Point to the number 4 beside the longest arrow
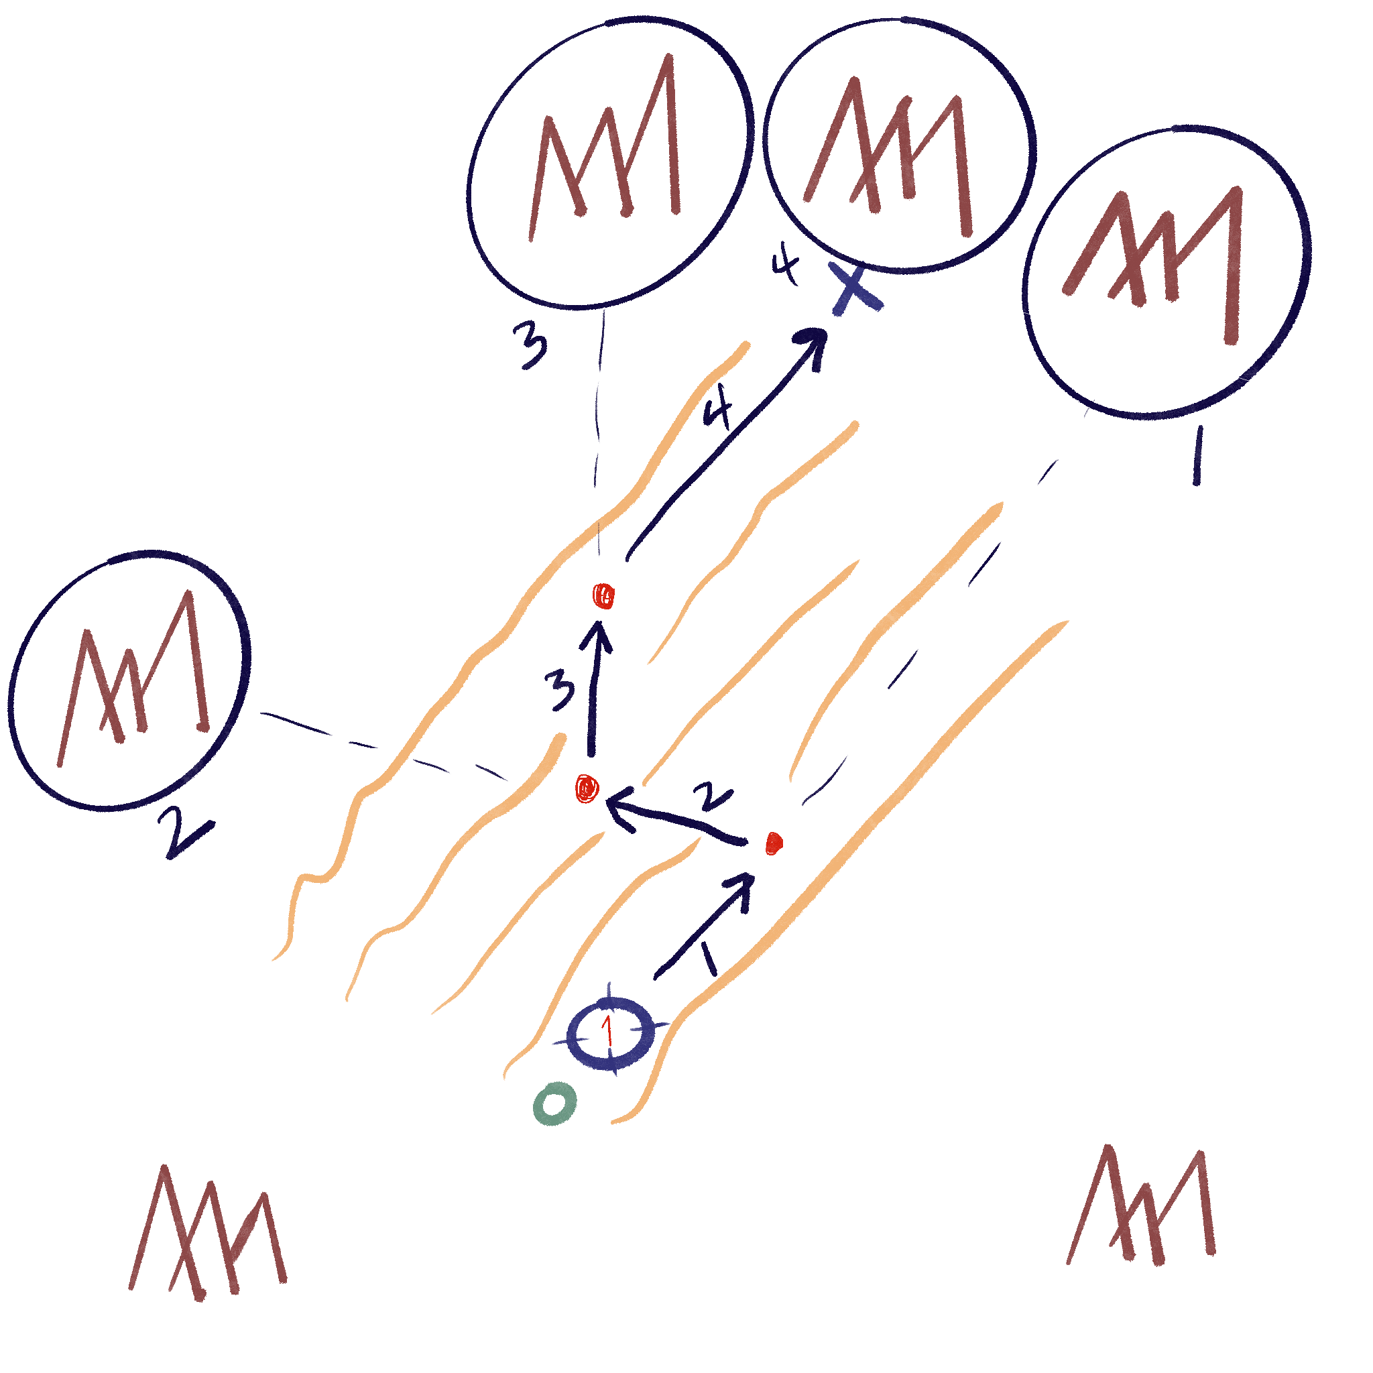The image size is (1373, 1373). click(719, 412)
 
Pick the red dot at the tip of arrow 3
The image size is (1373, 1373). click(604, 596)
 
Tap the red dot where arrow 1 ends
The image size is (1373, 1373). click(774, 843)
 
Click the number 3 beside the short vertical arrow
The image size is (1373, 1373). click(560, 689)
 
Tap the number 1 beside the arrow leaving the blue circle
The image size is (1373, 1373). click(709, 959)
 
